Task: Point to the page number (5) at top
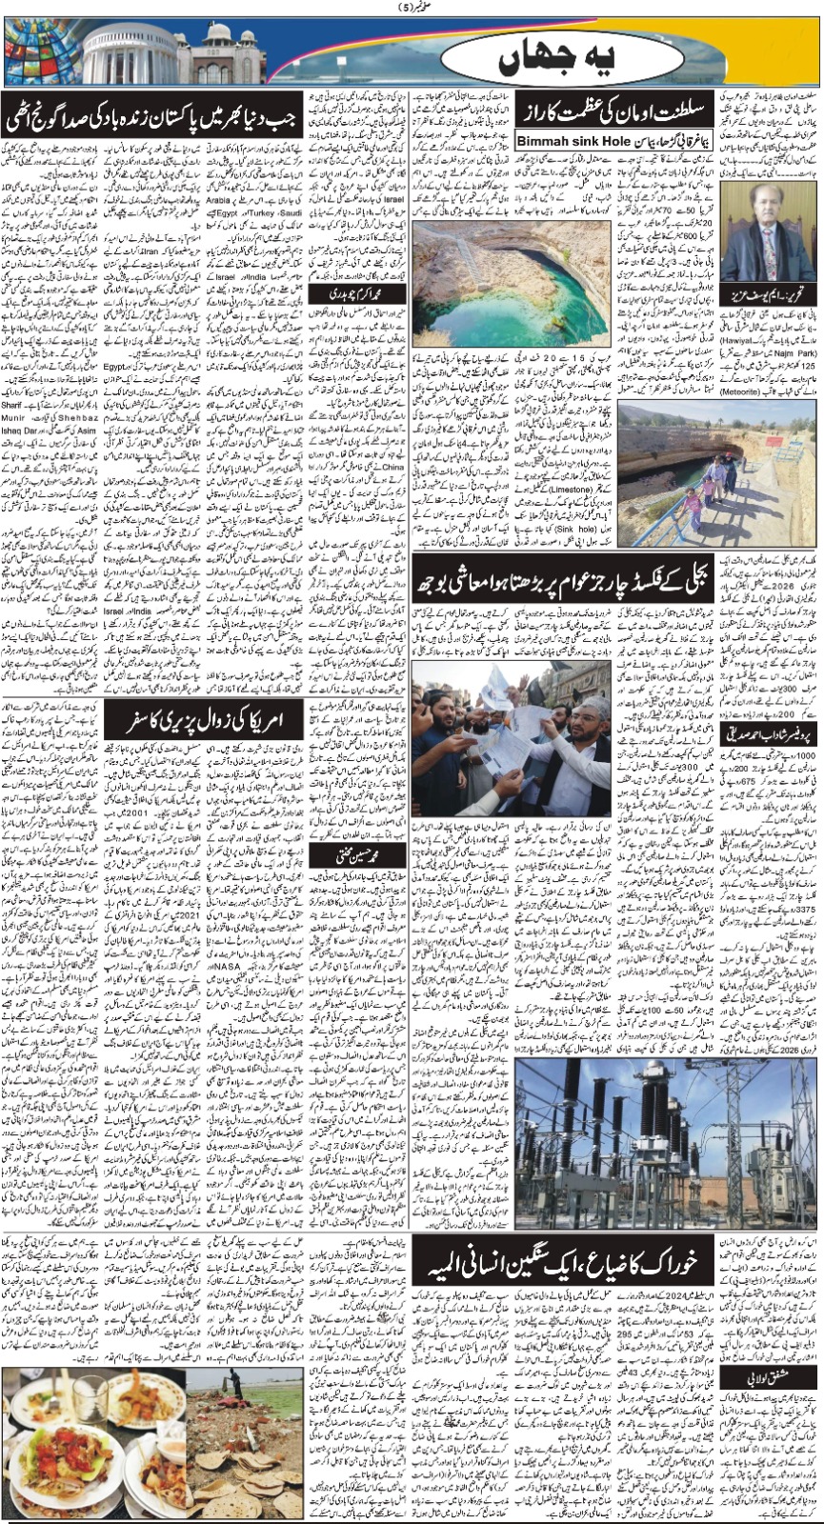click(x=411, y=10)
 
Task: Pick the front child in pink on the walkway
click(x=694, y=511)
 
